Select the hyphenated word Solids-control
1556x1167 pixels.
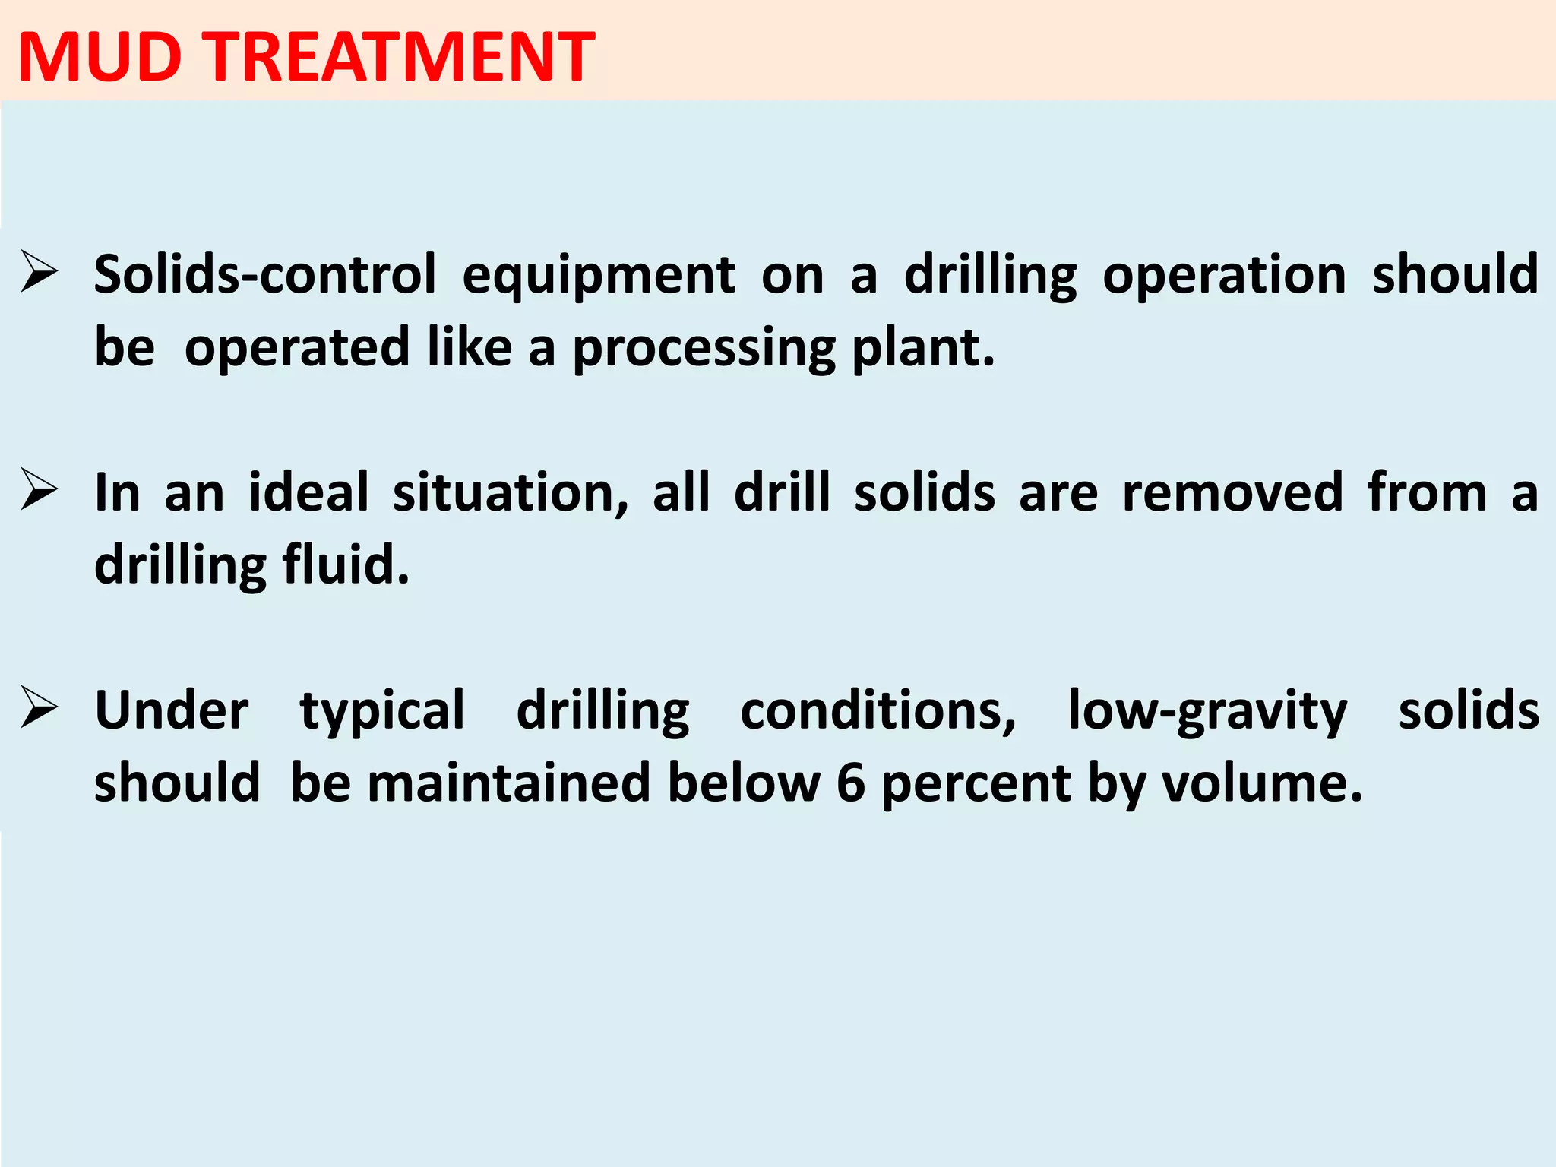click(x=265, y=274)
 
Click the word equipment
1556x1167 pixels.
click(x=599, y=276)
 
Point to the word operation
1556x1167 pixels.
click(x=1224, y=276)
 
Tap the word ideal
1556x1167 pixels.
click(x=308, y=492)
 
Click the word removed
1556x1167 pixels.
click(x=1230, y=492)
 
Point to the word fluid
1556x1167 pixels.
click(x=346, y=565)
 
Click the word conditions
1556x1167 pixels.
click(x=878, y=711)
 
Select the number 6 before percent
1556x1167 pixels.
click(x=851, y=783)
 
